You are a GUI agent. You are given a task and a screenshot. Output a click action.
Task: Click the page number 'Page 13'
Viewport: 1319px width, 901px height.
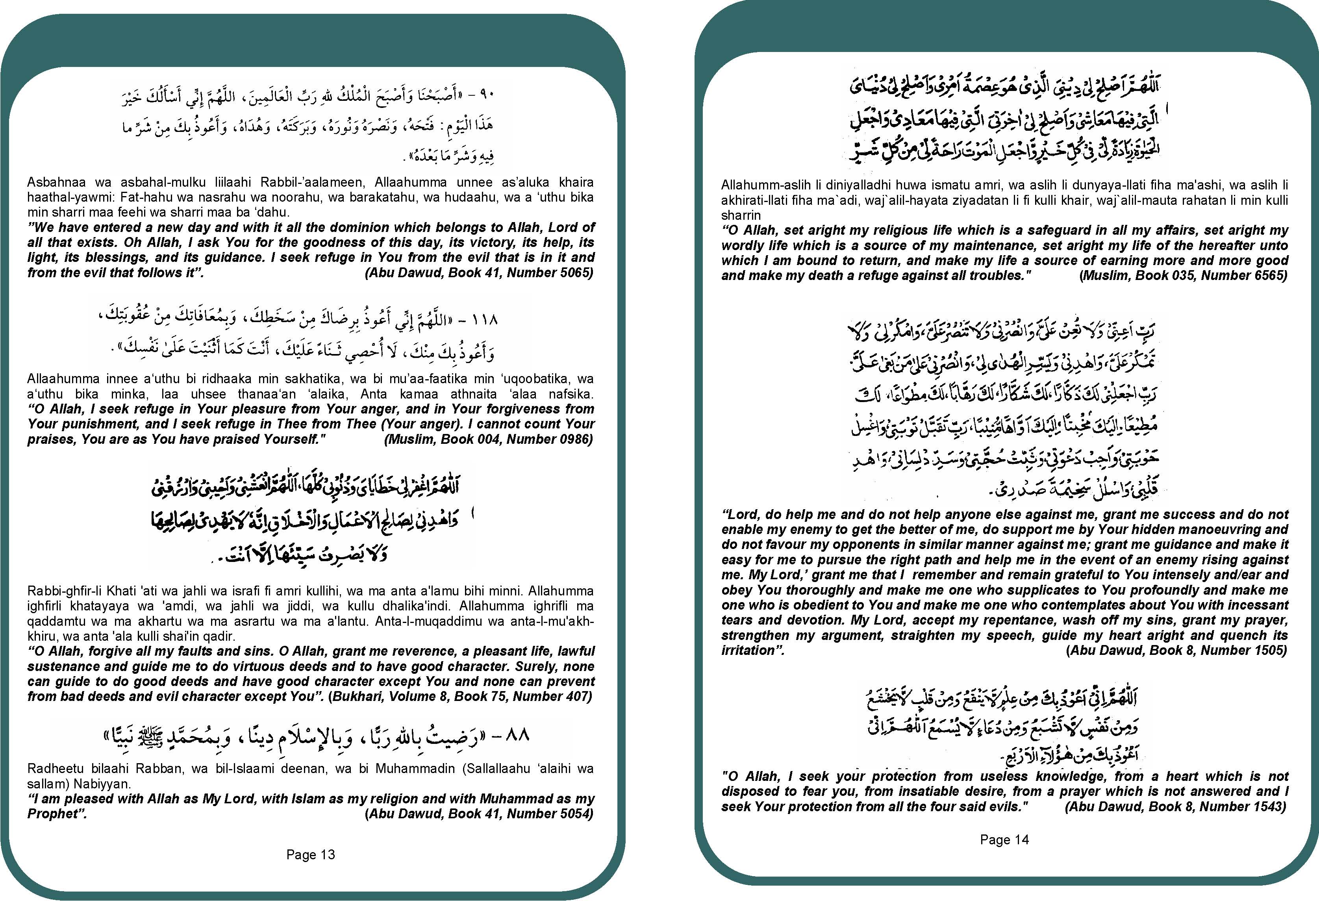coord(310,855)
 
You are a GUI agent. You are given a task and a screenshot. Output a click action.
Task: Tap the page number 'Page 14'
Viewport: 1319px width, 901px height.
coord(1004,840)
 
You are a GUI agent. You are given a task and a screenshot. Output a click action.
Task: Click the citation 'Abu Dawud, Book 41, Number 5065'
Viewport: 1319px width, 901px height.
coord(479,273)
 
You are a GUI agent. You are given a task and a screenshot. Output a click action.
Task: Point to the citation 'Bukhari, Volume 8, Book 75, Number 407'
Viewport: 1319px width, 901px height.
coord(460,697)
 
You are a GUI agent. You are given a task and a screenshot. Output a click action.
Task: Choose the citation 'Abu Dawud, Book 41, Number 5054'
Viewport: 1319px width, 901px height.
coord(479,814)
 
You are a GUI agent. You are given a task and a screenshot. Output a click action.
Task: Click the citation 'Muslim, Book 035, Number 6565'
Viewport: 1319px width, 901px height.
coord(1183,275)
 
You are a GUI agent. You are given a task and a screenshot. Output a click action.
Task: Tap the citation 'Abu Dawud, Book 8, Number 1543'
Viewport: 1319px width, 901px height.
coord(1175,806)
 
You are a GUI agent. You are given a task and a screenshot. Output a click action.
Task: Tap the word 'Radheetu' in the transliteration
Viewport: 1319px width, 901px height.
coord(54,769)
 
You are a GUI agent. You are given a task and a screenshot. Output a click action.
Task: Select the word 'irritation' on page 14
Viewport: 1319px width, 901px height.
coord(750,650)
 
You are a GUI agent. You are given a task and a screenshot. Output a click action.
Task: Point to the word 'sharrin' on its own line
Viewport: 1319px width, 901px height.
coord(741,215)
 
